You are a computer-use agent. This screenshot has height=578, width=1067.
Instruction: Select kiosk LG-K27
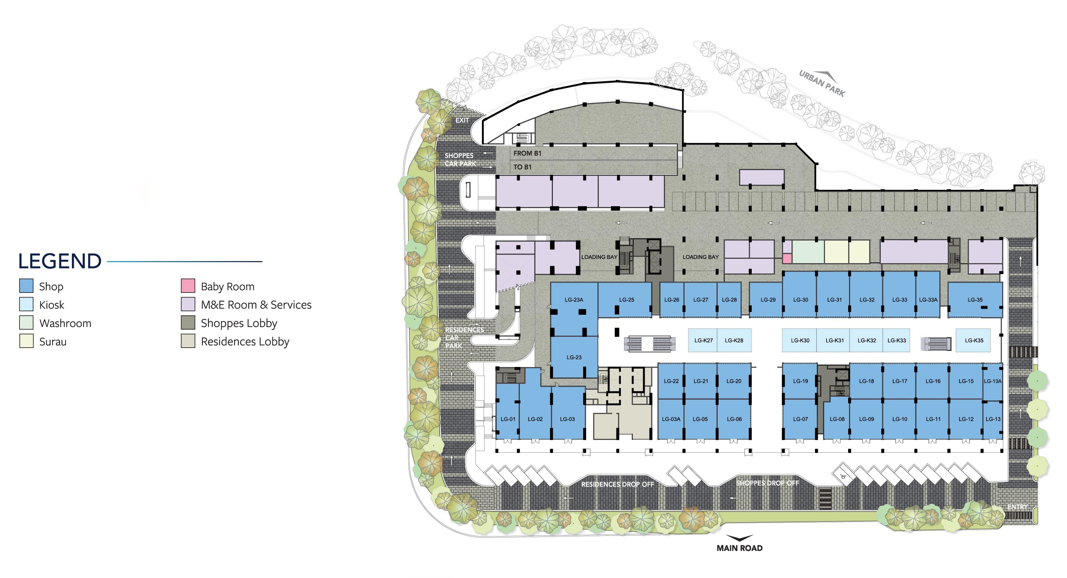703,340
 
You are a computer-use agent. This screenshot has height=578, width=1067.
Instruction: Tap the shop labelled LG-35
975,300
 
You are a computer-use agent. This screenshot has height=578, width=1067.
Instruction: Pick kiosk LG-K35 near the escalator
974,340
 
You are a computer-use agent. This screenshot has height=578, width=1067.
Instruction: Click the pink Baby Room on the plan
787,258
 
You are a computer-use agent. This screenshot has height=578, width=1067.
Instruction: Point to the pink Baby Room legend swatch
188,286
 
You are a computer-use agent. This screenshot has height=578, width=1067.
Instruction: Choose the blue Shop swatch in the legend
26,286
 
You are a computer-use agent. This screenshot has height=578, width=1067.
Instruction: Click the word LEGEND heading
60,261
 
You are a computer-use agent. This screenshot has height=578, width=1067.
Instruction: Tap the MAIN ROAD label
739,548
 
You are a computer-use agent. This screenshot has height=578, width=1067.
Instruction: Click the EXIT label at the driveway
462,120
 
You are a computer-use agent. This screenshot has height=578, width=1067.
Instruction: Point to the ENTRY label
1017,507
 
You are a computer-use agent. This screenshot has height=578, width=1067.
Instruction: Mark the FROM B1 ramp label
527,153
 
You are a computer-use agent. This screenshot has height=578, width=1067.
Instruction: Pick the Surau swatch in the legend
26,341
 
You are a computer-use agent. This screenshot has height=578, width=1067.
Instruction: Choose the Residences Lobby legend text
245,342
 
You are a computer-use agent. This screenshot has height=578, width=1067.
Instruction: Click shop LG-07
800,419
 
